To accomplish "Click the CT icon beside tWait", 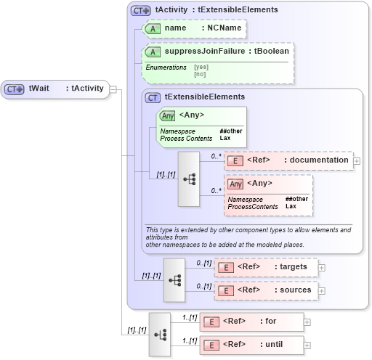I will click(15, 89).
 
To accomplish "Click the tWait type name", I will click(39, 89).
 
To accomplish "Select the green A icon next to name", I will click(152, 28).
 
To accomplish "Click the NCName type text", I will click(224, 28).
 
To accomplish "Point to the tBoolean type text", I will click(270, 52).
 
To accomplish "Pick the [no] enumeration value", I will click(200, 73).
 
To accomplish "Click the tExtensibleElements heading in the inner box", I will click(204, 97).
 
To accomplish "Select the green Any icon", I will click(167, 115).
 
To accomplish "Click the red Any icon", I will click(235, 183).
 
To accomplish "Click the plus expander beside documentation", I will click(357, 160).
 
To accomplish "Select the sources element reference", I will click(294, 290).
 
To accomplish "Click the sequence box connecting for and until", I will click(160, 335).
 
